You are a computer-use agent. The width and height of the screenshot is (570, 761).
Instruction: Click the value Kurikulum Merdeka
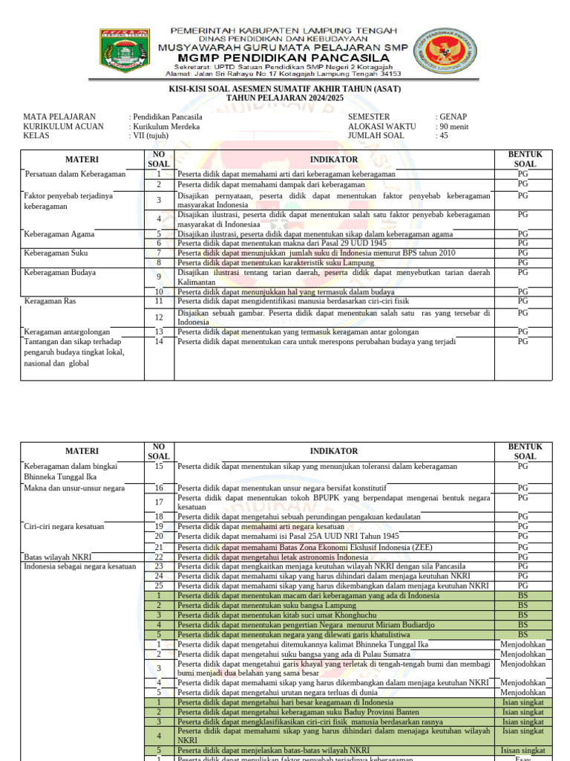coord(166,126)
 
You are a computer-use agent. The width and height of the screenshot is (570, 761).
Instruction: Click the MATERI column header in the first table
coord(82,159)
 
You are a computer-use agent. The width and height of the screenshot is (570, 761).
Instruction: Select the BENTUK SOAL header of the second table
coord(525,451)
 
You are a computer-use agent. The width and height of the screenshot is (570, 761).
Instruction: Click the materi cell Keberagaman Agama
coord(59,233)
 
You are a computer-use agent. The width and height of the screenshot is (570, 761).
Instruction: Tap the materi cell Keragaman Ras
coord(50,302)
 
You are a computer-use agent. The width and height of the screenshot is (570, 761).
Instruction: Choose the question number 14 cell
coord(159,342)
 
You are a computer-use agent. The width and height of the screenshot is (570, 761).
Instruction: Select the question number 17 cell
coord(159,502)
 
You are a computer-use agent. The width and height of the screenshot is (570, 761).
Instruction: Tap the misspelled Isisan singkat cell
coord(523,751)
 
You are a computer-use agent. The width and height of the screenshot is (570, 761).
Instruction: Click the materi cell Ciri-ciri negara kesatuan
coord(65,526)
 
